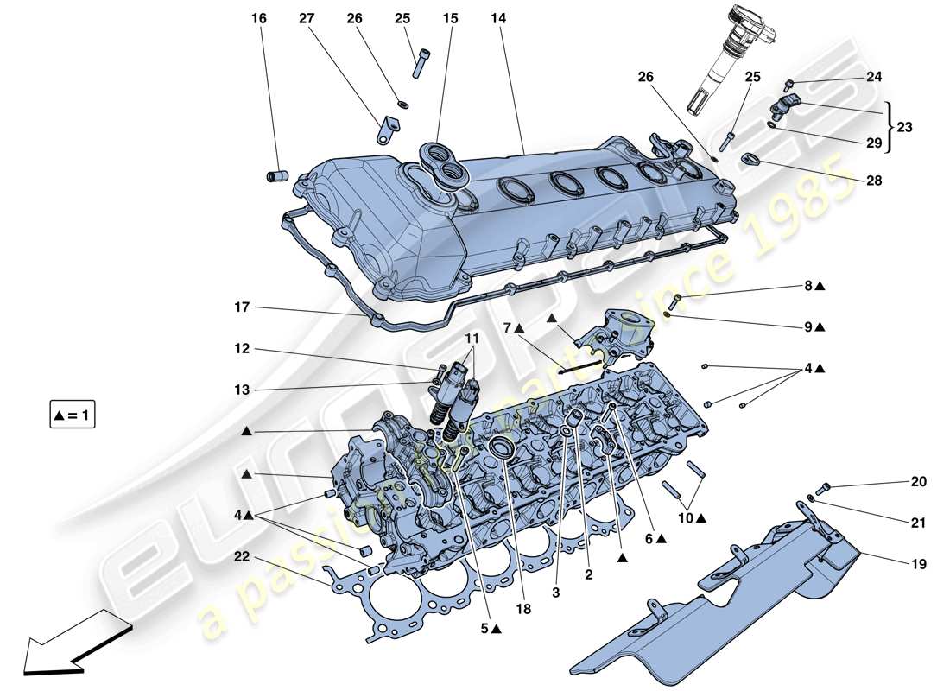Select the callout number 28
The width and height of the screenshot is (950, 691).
coord(874,181)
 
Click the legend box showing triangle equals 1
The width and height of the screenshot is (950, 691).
coord(73,415)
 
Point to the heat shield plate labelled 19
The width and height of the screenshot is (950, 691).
coord(708,605)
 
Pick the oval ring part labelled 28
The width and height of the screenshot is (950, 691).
coord(750,159)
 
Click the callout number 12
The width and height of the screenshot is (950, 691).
coord(241,349)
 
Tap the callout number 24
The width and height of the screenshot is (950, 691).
coord(874,76)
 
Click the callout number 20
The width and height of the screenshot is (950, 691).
coord(917,481)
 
